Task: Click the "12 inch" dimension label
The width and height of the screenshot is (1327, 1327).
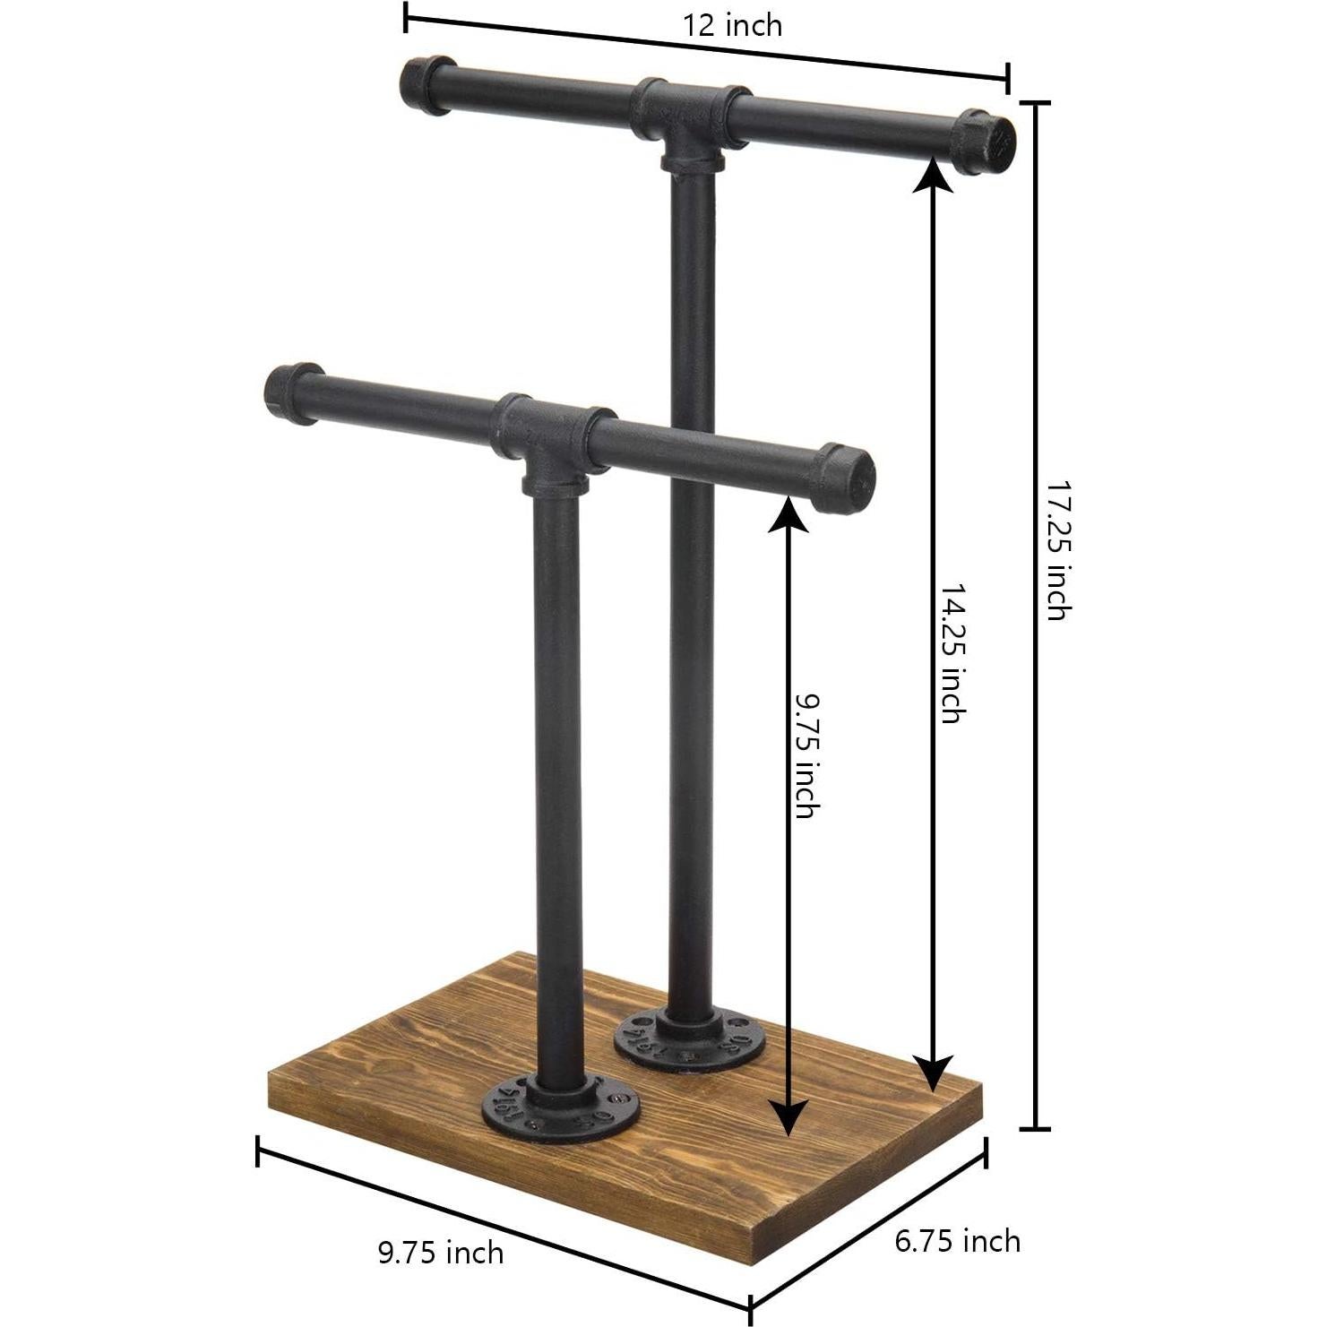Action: point(732,25)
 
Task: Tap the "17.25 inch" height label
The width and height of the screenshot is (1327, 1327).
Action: point(1058,550)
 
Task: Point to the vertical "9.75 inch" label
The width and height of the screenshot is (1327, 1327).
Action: point(806,754)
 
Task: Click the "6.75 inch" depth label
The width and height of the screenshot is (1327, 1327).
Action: point(957,1241)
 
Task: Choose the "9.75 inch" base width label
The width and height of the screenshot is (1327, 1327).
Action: point(440,1252)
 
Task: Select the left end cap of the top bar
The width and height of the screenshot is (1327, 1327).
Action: point(427,85)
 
